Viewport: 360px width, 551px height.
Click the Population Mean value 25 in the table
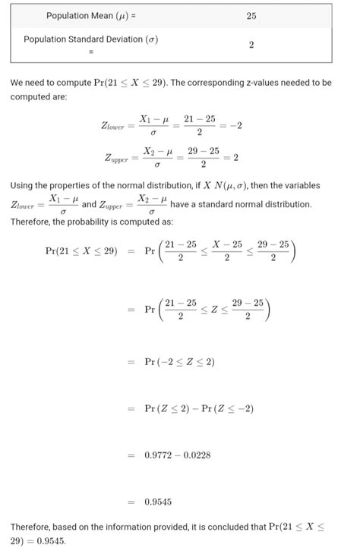[x=251, y=16]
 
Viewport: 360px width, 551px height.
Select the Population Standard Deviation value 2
[x=251, y=45]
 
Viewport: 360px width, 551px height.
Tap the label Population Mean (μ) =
[x=86, y=16]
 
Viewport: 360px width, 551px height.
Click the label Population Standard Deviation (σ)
[x=91, y=39]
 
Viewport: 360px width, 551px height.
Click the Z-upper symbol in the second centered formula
[x=118, y=159]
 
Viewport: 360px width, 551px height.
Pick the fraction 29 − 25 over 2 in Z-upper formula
[x=204, y=158]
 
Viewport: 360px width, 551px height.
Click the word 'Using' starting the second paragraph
[x=24, y=186]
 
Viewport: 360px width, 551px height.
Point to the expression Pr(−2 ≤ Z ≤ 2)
[x=179, y=362]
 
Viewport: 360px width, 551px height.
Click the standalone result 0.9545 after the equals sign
[x=158, y=502]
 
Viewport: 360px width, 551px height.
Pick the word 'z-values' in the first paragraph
[x=248, y=83]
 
